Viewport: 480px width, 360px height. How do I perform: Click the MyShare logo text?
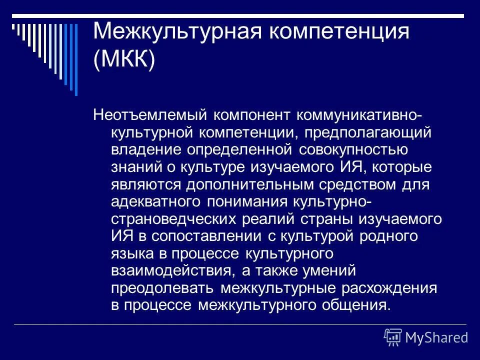(436, 337)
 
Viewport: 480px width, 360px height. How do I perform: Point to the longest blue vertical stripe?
(76, 58)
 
